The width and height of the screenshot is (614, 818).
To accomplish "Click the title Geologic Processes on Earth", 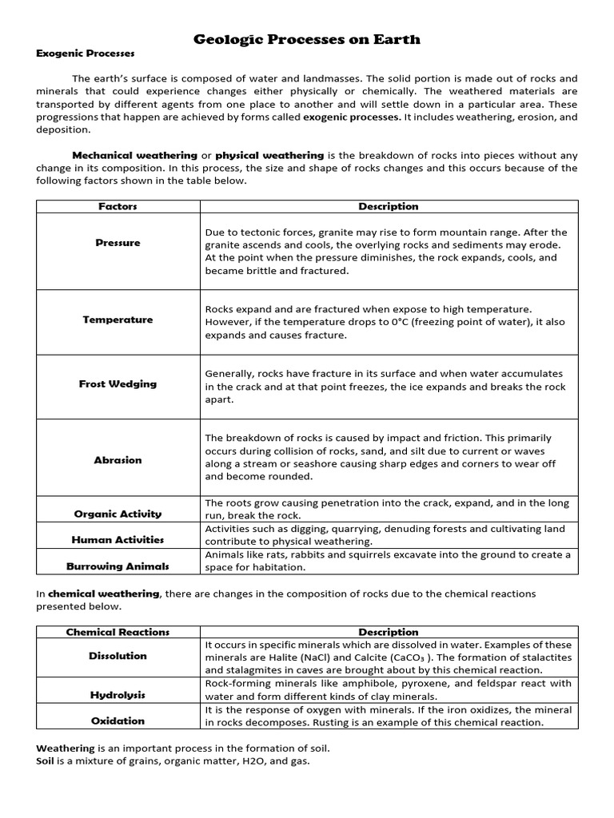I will (307, 39).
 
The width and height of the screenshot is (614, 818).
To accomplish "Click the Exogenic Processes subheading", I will (86, 54).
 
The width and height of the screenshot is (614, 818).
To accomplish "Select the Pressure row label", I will (118, 243).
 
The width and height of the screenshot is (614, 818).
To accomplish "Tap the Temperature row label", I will (118, 320).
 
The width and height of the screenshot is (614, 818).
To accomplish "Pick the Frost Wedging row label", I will (118, 384).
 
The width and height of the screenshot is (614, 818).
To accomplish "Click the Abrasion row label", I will (118, 460).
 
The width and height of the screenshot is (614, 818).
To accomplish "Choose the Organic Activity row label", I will (118, 514).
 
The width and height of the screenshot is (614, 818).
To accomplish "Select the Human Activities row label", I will (118, 540).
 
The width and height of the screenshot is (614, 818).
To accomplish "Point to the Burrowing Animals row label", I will (118, 566).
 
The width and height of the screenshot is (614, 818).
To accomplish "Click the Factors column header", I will (118, 206).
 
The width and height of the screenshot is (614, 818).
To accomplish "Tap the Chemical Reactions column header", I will (118, 632).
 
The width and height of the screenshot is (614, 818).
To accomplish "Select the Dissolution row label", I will (118, 656).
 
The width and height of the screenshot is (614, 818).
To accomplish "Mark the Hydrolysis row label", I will (118, 695).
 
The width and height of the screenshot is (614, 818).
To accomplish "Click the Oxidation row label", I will (118, 721).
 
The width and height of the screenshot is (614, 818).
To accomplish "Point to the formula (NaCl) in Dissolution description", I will (313, 657).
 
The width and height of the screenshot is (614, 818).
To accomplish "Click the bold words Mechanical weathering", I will (134, 155).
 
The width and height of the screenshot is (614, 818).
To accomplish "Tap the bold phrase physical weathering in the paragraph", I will (269, 155).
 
